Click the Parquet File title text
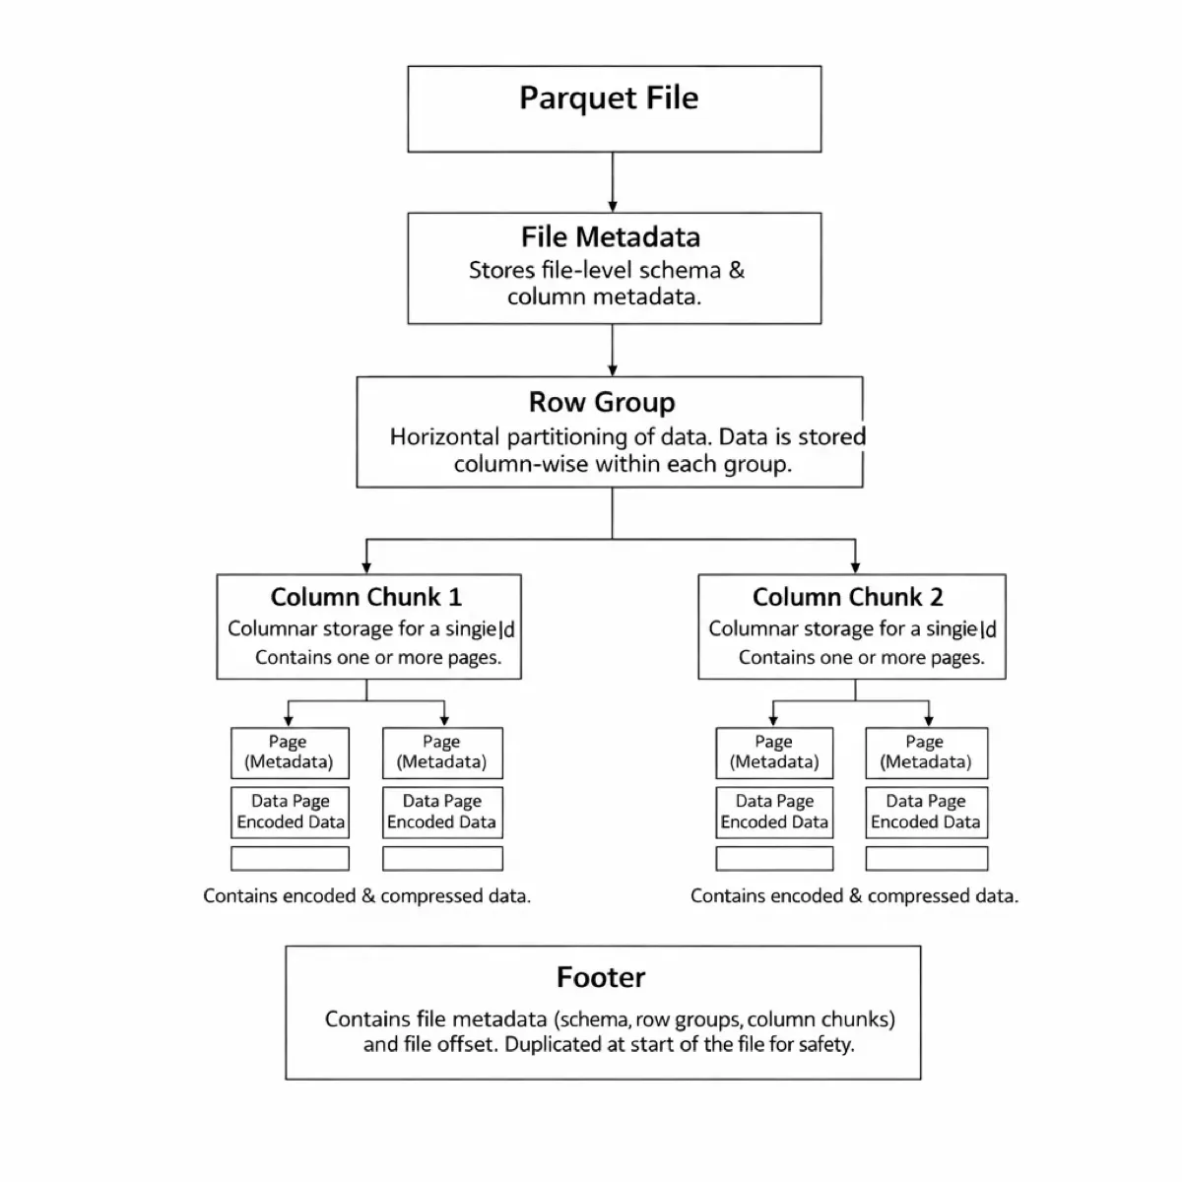609,98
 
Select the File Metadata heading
611,237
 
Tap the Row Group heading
602,403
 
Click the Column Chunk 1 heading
365,598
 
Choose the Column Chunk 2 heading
847,598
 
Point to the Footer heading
601,977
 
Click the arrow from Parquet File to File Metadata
613,183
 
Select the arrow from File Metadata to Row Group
613,351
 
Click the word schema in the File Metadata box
681,271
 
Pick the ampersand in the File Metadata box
737,271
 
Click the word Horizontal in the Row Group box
444,437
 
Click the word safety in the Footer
826,1045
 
